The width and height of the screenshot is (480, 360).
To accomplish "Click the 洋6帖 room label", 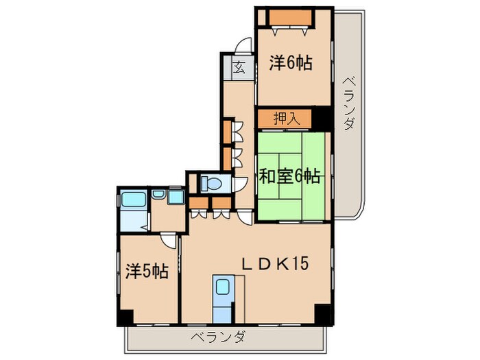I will (291, 63).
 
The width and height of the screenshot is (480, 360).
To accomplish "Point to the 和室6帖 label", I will (289, 176).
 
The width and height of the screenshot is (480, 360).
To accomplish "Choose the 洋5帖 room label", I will (147, 272).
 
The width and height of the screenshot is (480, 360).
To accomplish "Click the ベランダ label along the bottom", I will (218, 337).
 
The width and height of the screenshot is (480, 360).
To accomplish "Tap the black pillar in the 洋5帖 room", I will (125, 318).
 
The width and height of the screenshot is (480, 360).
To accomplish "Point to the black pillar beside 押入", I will (322, 118).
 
